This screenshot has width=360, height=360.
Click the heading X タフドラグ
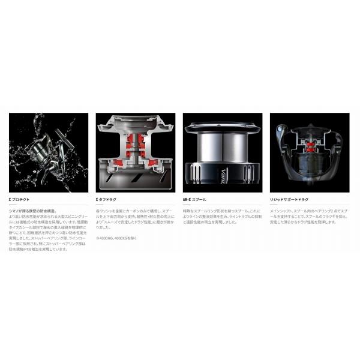pos(108,198)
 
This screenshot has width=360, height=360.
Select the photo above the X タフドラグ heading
pos(136,152)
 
